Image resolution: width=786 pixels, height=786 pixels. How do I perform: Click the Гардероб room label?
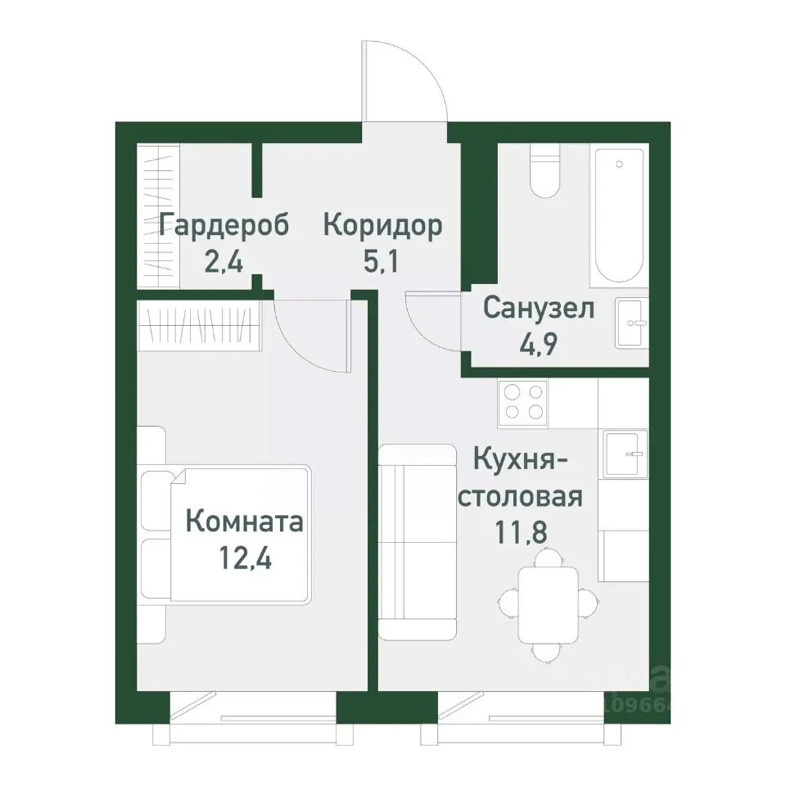224,225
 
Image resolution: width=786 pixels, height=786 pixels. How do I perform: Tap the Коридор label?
382,225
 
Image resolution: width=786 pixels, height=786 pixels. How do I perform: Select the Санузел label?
538,309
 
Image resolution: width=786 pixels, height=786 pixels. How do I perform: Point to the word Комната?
244,521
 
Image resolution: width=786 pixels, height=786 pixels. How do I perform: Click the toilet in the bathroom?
544,171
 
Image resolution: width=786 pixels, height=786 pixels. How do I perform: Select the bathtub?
620,215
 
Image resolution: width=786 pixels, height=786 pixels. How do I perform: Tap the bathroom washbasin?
631,323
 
